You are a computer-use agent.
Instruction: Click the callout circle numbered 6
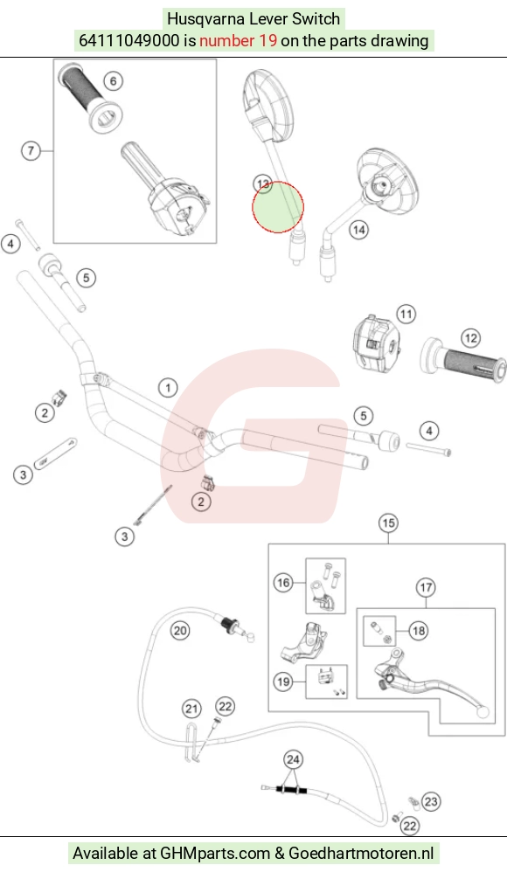[114, 81]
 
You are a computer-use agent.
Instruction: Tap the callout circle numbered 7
[31, 150]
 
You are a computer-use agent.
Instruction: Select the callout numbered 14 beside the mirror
[359, 229]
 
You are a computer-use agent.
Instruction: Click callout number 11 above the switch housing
[406, 315]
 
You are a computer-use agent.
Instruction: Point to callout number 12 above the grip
[470, 338]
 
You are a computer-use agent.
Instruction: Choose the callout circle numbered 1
[168, 387]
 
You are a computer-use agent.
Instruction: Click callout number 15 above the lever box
[388, 523]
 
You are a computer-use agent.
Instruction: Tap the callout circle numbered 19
[284, 682]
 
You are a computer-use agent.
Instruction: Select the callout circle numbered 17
[427, 587]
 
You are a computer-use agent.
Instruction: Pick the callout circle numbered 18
[419, 631]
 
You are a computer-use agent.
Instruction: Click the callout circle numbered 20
[180, 631]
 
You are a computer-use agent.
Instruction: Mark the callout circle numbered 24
[293, 759]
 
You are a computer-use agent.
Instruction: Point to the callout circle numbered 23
[431, 801]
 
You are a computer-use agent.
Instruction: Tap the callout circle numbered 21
[192, 709]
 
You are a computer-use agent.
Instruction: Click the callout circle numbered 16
[284, 583]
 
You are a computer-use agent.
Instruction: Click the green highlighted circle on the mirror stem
[278, 207]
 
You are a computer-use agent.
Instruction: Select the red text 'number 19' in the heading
[238, 40]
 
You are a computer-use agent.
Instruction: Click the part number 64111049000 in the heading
[129, 40]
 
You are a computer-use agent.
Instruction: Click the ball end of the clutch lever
[484, 712]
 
